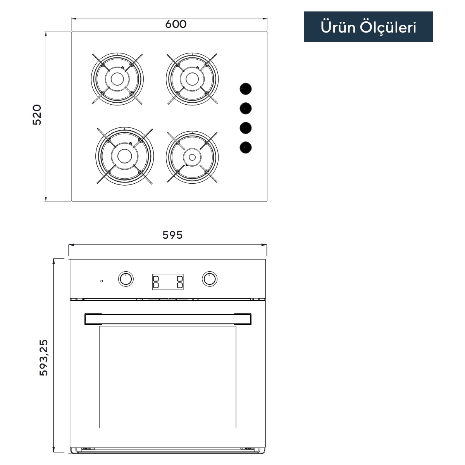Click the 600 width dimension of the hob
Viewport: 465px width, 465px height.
(x=176, y=24)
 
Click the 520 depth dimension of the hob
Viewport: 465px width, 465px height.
(x=37, y=115)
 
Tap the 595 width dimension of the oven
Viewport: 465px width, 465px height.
(x=172, y=235)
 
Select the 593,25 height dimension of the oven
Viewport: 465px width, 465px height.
(x=44, y=358)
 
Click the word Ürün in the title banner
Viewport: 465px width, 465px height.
(x=338, y=27)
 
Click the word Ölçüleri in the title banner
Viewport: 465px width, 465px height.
(x=388, y=27)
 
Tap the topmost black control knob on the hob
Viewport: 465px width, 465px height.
(x=246, y=89)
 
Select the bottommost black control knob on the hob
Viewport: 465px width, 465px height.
(x=246, y=147)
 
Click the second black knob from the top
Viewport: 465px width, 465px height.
(x=246, y=108)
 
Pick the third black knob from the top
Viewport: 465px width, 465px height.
(x=246, y=128)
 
